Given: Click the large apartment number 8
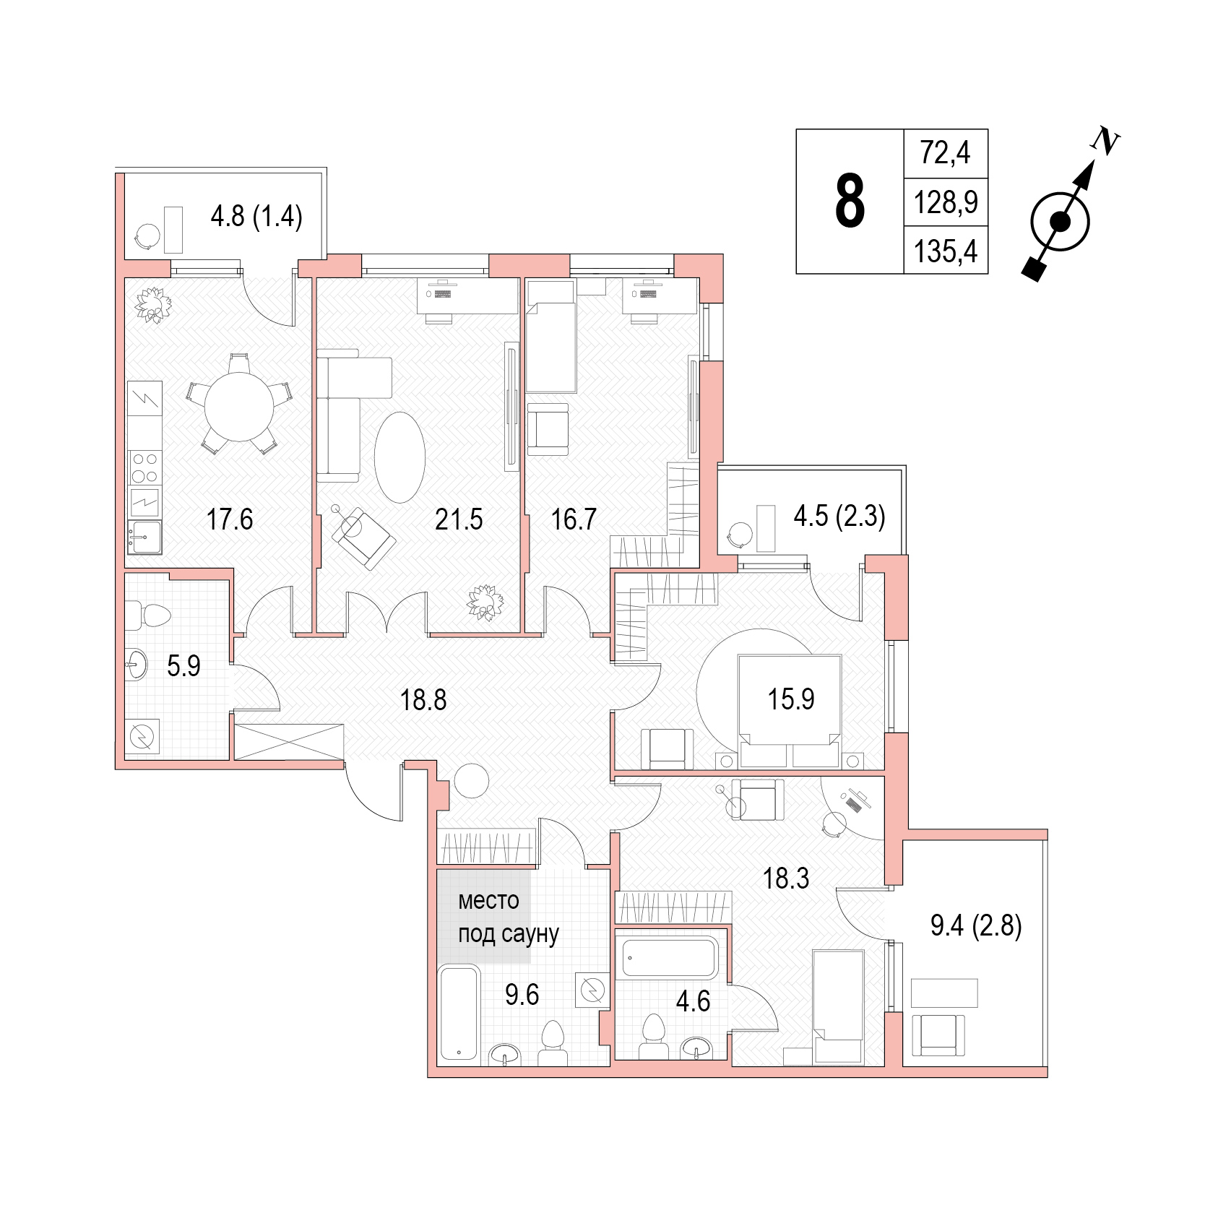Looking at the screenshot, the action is pos(850,202).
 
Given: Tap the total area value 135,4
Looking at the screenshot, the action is pos(946,251).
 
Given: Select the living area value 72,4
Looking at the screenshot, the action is pos(946,153).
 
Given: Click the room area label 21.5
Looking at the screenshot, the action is pos(459,519).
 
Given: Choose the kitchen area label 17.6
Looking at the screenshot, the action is pos(230,519).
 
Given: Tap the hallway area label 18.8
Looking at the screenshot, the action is pos(423,699).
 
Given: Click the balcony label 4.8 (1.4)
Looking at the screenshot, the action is pos(256,216).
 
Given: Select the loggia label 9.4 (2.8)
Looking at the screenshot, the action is pos(976,925).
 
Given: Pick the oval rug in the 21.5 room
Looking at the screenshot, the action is pos(399,457).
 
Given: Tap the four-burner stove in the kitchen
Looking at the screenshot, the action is pos(144,466).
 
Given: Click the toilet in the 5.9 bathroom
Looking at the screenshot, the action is pos(147,616).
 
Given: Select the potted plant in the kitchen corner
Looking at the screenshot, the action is pos(152,305).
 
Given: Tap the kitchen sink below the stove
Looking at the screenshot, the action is pos(144,537).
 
